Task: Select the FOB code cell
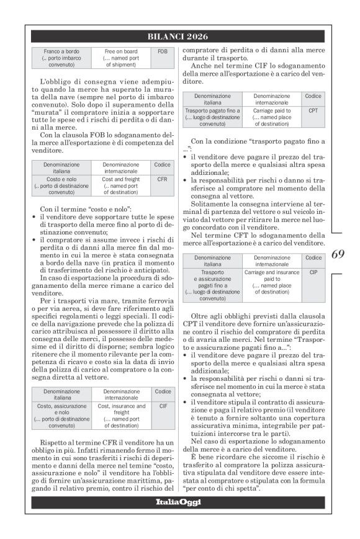(163, 51)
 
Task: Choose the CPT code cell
(313, 110)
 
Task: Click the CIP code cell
(313, 272)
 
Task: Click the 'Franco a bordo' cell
(61, 57)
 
